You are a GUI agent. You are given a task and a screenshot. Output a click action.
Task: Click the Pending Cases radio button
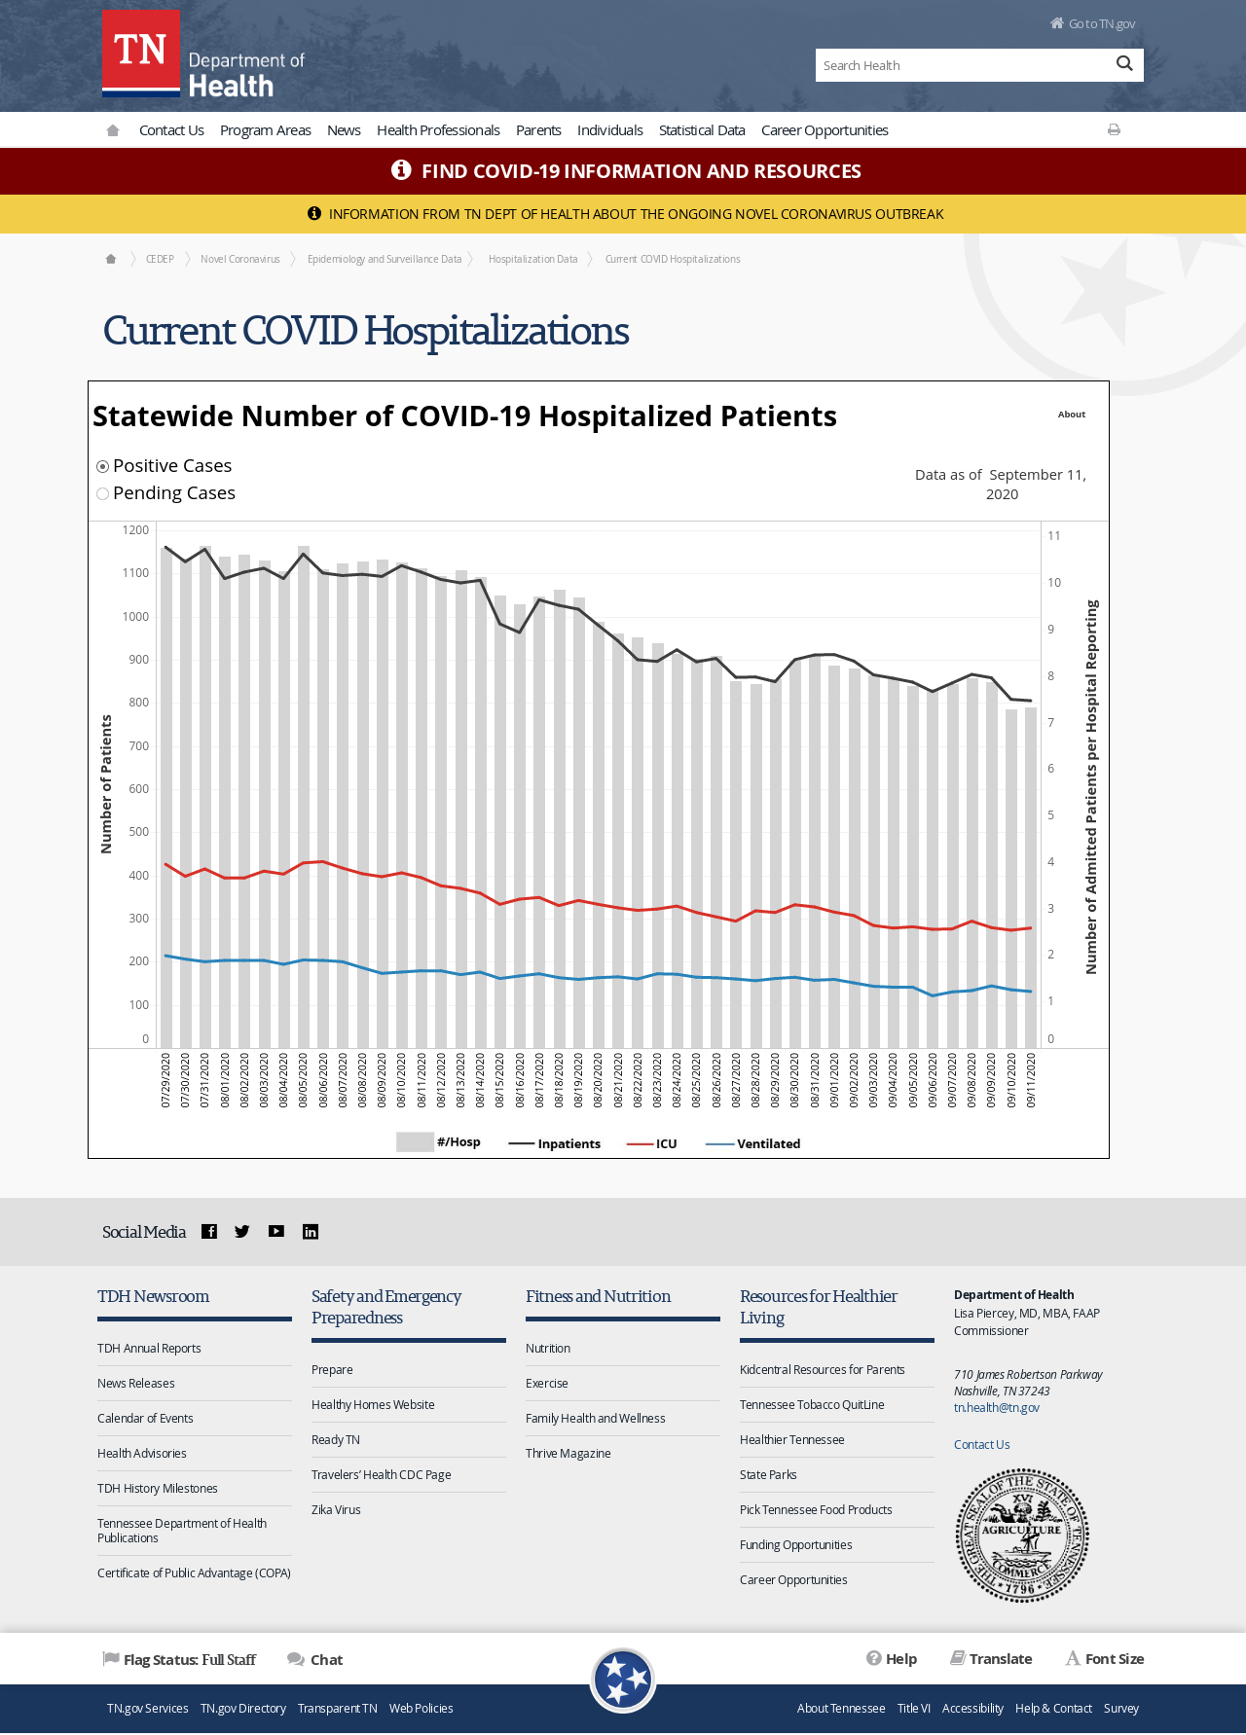(102, 494)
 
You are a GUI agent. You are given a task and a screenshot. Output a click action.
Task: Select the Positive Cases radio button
(102, 467)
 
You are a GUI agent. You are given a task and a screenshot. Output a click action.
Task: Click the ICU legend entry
(652, 1143)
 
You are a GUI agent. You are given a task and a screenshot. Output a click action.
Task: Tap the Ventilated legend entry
(753, 1143)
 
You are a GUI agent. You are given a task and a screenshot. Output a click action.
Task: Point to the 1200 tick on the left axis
(135, 530)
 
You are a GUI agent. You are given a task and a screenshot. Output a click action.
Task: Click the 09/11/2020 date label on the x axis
(1031, 1080)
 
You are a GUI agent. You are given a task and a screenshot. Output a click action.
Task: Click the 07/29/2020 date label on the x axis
(165, 1080)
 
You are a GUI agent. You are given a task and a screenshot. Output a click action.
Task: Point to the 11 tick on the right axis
(1054, 536)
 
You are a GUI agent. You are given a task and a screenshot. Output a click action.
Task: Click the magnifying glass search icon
(1124, 64)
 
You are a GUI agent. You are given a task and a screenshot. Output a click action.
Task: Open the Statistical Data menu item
(702, 130)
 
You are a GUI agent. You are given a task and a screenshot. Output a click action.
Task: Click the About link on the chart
(1072, 415)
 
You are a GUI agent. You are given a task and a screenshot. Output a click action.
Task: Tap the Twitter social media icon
(242, 1232)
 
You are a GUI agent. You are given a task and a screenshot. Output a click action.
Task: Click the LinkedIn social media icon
(311, 1232)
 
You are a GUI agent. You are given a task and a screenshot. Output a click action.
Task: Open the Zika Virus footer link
(336, 1510)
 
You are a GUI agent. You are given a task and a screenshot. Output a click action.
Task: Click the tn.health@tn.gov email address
(997, 1408)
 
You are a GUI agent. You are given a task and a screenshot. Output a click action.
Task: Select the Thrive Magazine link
(568, 1454)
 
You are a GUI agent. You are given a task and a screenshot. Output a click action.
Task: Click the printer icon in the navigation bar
(1114, 129)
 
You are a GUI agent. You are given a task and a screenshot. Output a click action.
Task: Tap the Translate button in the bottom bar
(991, 1659)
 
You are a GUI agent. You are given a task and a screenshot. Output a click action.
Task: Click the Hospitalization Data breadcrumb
(533, 259)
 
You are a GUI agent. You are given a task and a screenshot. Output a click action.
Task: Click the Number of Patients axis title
(106, 784)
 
